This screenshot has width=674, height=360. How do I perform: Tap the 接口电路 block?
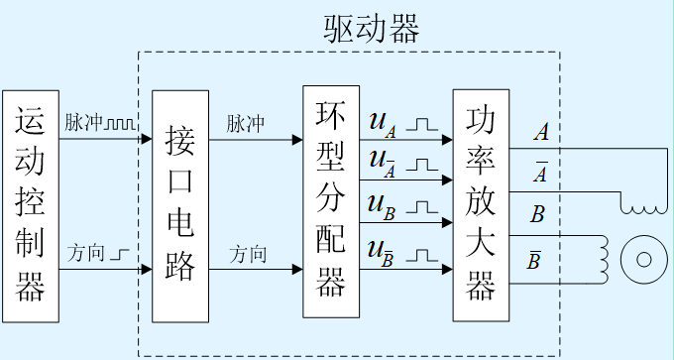point(180,205)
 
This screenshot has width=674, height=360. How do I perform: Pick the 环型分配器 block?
point(330,201)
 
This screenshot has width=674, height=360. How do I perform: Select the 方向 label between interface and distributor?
point(248,254)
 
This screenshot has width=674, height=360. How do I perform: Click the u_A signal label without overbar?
point(383,123)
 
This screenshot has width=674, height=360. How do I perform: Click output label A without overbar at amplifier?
point(540,131)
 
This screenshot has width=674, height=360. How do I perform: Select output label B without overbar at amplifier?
point(537,214)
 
